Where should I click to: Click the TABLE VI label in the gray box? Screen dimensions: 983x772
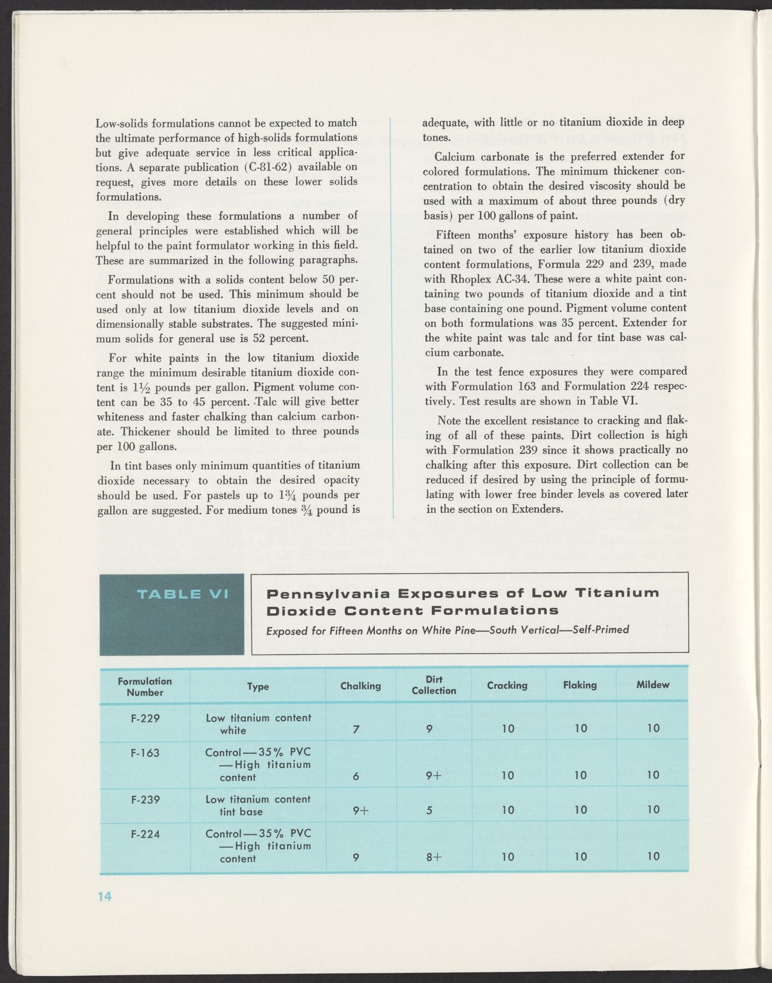pyautogui.click(x=183, y=594)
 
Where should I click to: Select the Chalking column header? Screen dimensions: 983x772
pyautogui.click(x=360, y=686)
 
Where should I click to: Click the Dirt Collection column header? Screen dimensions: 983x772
pyautogui.click(x=434, y=685)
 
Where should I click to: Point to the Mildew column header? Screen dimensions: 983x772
pyautogui.click(x=652, y=685)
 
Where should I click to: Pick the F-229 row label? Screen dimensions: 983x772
pyautogui.click(x=145, y=719)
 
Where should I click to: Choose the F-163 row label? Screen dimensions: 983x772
pyautogui.click(x=145, y=753)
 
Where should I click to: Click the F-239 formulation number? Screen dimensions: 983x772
pyautogui.click(x=145, y=800)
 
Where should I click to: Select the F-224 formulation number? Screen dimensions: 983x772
pyautogui.click(x=145, y=834)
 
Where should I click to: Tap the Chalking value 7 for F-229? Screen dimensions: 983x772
pyautogui.click(x=356, y=729)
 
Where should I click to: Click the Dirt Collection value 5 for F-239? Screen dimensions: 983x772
pyautogui.click(x=429, y=811)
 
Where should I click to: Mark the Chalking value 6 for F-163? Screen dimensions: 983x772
pyautogui.click(x=356, y=776)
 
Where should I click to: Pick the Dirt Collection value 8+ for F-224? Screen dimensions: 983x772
pyautogui.click(x=434, y=857)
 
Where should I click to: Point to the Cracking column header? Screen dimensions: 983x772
pyautogui.click(x=507, y=686)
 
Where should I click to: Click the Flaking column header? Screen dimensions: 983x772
pyautogui.click(x=580, y=686)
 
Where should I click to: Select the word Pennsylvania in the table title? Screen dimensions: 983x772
pyautogui.click(x=327, y=593)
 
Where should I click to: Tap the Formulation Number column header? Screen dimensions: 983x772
pyautogui.click(x=145, y=686)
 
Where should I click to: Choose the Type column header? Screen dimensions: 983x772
pyautogui.click(x=258, y=687)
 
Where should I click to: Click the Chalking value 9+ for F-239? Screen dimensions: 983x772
pyautogui.click(x=360, y=811)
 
